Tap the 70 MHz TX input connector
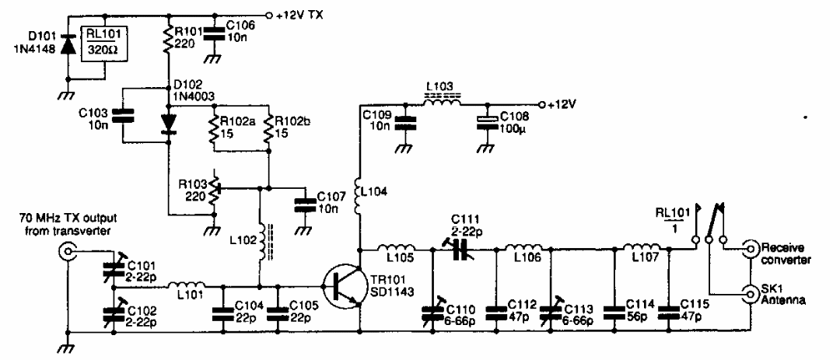coord(68,250)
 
